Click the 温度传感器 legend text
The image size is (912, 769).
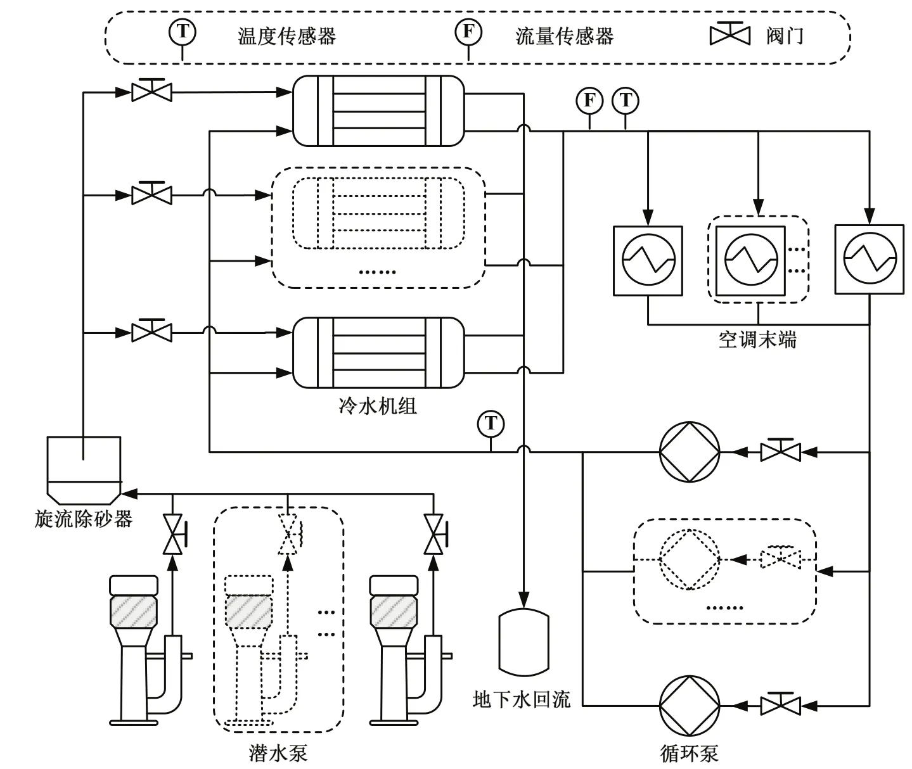(286, 36)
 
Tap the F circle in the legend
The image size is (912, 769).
(468, 32)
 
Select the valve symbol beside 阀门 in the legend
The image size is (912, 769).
(730, 34)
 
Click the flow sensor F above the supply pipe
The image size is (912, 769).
(589, 101)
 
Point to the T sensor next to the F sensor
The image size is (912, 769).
(626, 101)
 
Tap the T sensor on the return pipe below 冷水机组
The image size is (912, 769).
(491, 424)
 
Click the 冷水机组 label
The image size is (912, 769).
(377, 406)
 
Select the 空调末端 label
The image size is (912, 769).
(757, 340)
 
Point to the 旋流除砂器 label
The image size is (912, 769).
(84, 519)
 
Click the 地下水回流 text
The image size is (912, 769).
(522, 699)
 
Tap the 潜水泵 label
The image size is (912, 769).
(278, 753)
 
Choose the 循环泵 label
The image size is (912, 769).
(690, 753)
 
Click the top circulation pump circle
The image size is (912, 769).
(690, 452)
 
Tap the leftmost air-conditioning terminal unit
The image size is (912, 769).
(648, 261)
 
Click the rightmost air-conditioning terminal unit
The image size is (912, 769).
(870, 259)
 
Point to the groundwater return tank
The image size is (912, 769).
(523, 642)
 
